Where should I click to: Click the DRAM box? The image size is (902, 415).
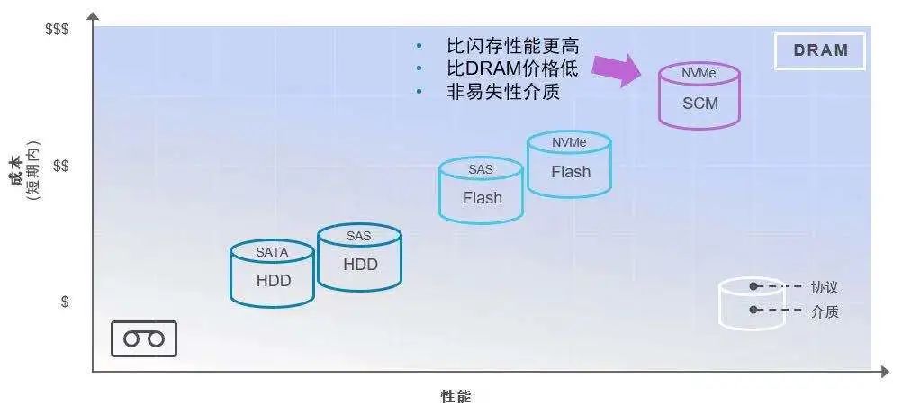pos(820,50)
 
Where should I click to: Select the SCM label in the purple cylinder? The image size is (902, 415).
pos(700,104)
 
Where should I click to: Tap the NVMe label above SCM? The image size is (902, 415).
pos(699,74)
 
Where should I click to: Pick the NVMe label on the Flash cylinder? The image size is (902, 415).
pos(569,142)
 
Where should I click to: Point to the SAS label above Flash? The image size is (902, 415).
pos(481,169)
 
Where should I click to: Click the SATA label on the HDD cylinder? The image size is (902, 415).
pos(272,252)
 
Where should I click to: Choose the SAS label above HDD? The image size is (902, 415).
pos(359,236)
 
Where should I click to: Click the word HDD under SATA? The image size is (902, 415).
pos(274,281)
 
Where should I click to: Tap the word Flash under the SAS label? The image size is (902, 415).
pos(483,198)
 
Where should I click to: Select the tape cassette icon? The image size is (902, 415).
pos(143,339)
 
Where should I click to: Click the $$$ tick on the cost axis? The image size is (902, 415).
pos(57,29)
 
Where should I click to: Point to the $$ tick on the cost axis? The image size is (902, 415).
pos(61,166)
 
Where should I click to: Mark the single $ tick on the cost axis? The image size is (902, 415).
pos(65,302)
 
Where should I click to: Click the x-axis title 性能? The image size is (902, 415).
pos(456,397)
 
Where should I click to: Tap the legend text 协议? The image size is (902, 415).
pos(825,287)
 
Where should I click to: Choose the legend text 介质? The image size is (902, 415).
pos(825,312)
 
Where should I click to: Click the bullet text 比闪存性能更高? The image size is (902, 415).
pos(512,46)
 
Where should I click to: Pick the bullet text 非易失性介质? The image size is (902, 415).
pos(503,92)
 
